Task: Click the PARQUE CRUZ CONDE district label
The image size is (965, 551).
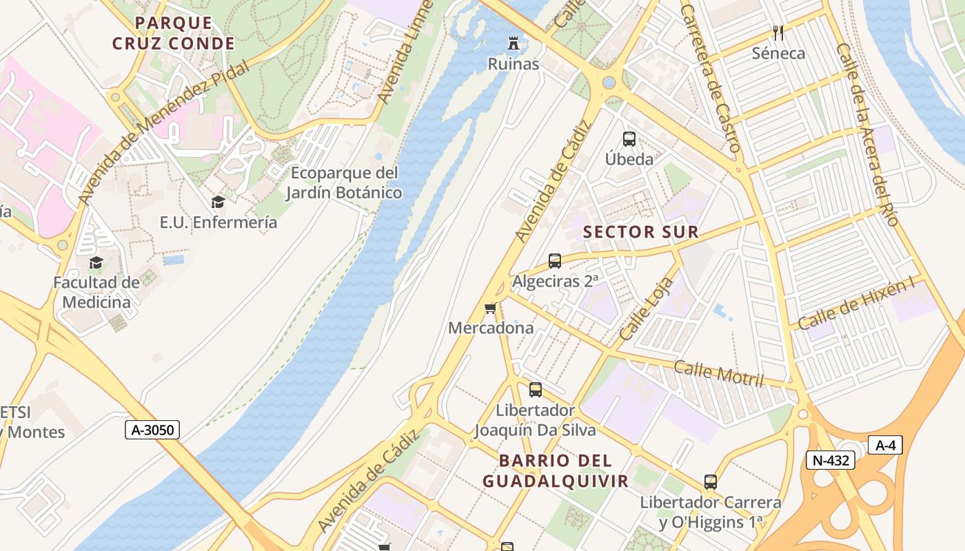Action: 174,33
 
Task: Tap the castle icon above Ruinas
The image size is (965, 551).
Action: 514,43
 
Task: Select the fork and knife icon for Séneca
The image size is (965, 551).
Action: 778,32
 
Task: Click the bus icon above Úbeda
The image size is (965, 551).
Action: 629,138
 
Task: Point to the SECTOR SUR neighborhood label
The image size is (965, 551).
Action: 641,232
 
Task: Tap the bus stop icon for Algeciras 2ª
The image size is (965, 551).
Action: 555,261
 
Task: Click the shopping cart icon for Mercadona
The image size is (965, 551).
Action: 491,308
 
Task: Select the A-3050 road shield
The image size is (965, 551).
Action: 153,430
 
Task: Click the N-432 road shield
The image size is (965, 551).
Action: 830,460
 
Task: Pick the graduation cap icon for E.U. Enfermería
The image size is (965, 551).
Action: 218,202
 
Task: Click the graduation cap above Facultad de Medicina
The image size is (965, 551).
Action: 96,262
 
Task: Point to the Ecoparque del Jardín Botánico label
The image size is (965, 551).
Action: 344,183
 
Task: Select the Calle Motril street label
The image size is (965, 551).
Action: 719,373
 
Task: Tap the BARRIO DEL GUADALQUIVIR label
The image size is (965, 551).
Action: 555,470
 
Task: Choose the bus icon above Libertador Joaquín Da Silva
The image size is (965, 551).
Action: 536,390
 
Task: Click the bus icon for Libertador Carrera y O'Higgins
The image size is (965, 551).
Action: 711,482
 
